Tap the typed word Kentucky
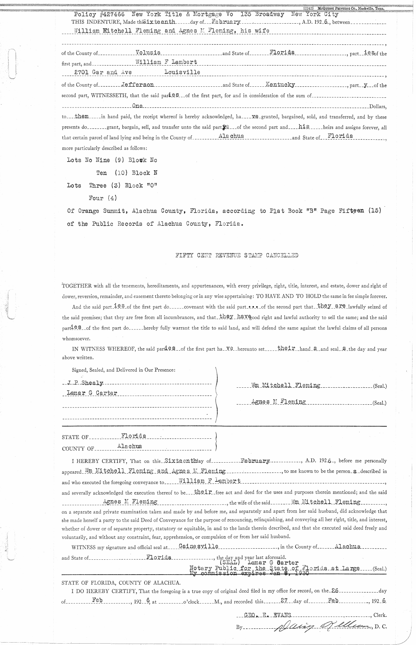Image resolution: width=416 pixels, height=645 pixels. tap(280, 84)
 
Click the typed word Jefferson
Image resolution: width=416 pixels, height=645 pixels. tap(138, 85)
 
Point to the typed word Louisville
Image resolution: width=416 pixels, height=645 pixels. tap(182, 72)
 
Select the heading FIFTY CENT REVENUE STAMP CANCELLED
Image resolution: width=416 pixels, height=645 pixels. tap(237, 256)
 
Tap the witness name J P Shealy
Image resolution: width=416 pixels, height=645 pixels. tap(85, 383)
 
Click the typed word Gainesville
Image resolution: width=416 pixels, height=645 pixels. tap(198, 546)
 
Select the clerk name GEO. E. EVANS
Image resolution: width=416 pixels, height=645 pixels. tap(267, 614)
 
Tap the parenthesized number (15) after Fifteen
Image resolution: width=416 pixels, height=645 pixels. tap(374, 211)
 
